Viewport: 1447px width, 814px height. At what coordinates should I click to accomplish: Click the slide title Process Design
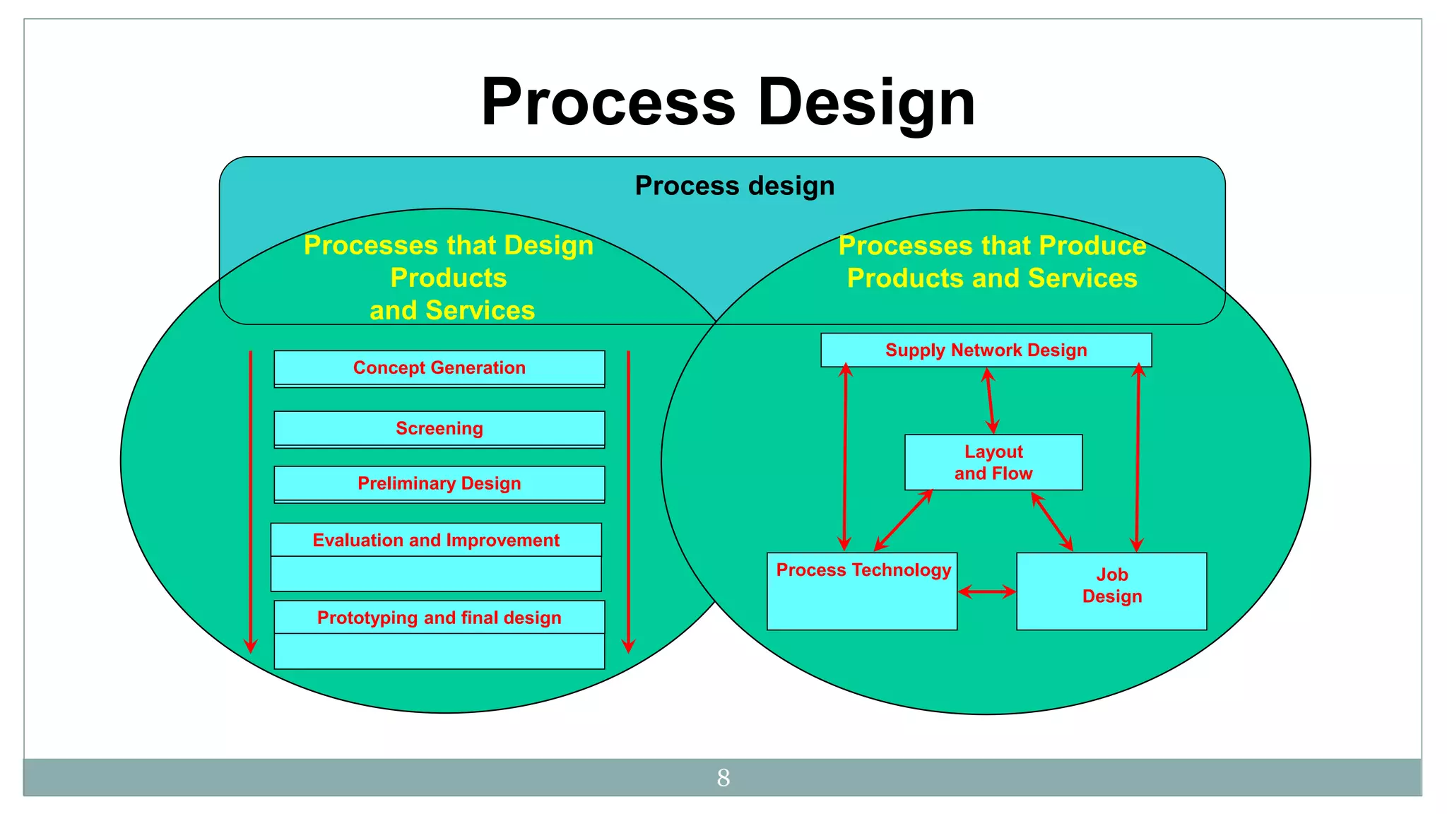click(728, 102)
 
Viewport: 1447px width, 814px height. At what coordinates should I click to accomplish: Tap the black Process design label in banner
click(734, 186)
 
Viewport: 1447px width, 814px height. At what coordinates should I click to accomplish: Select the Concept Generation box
click(439, 368)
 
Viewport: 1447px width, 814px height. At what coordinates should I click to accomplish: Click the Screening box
click(439, 429)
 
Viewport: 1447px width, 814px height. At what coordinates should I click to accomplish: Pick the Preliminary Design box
click(439, 484)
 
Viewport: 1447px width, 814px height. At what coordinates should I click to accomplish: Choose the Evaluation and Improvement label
click(436, 541)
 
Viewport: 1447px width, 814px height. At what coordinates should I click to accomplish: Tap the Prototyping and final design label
click(439, 618)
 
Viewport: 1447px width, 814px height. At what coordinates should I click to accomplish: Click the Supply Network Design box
click(986, 350)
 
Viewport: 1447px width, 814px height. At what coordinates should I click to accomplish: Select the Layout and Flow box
click(993, 463)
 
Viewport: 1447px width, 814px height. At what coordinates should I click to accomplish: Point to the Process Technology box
click(862, 591)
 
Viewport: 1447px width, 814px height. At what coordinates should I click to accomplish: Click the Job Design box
click(1111, 591)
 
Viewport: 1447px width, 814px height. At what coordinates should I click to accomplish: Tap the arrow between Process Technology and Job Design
click(986, 592)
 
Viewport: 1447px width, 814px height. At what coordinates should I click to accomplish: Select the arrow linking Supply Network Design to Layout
click(991, 401)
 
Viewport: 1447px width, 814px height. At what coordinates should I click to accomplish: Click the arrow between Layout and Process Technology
click(904, 520)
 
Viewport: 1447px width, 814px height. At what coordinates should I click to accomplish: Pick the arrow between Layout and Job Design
click(1052, 521)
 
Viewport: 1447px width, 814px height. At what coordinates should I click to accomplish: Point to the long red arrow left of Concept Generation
click(251, 502)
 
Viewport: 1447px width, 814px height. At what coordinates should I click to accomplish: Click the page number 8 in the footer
click(723, 778)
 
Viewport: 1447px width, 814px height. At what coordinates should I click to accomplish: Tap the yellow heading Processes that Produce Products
click(992, 262)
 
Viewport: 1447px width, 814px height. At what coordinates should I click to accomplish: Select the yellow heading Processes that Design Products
click(449, 278)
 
